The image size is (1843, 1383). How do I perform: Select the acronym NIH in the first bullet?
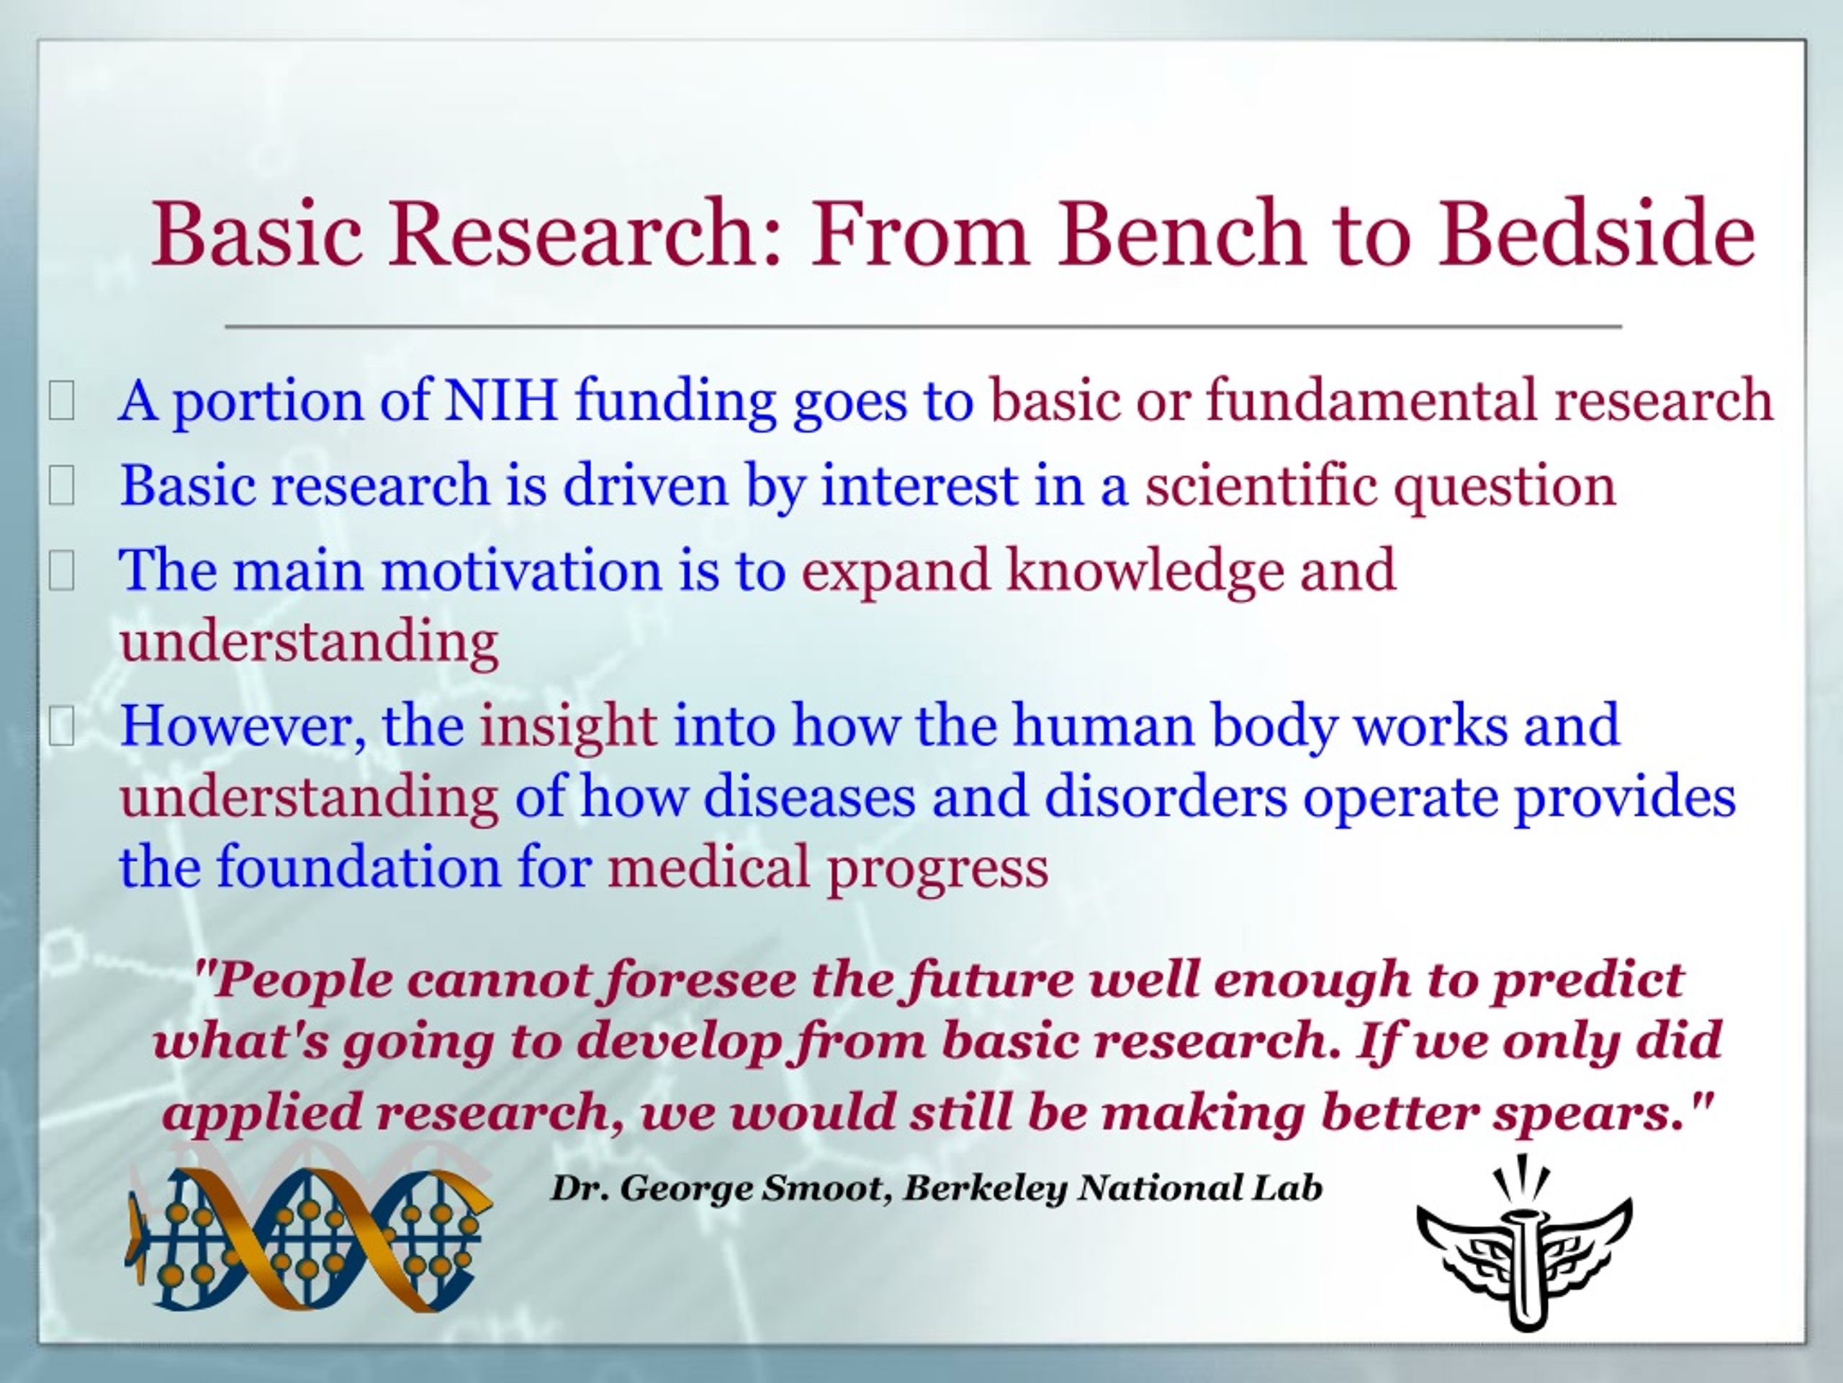pyautogui.click(x=500, y=400)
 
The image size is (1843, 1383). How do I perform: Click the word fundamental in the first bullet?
pyautogui.click(x=1371, y=400)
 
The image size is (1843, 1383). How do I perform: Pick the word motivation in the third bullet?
pyautogui.click(x=521, y=571)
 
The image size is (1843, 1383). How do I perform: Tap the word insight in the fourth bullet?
pyautogui.click(x=568, y=726)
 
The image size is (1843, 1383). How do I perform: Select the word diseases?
pyautogui.click(x=809, y=796)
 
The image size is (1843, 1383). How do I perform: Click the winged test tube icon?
pyautogui.click(x=1524, y=1242)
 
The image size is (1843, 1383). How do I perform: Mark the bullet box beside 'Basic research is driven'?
pyautogui.click(x=62, y=486)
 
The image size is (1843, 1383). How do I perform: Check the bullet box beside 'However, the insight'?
pyautogui.click(x=62, y=726)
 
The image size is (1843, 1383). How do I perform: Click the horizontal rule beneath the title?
pyautogui.click(x=923, y=326)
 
